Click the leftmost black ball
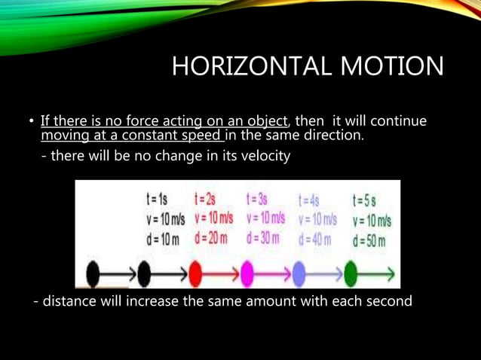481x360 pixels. (x=93, y=274)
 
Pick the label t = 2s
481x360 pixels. (x=206, y=200)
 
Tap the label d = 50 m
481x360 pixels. (x=369, y=241)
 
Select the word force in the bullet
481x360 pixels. (x=125, y=121)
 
